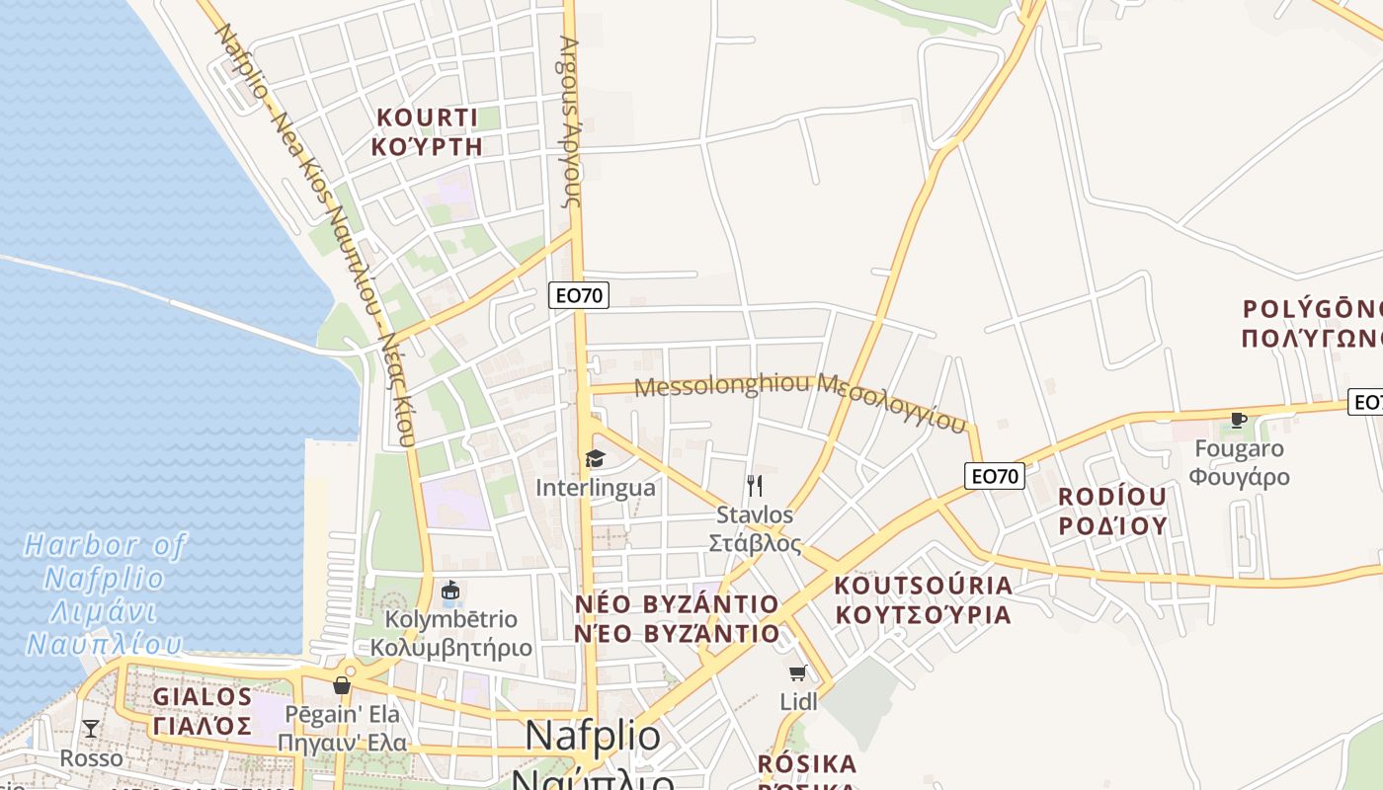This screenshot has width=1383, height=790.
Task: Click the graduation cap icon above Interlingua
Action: coord(595,458)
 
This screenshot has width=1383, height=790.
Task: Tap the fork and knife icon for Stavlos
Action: coord(755,485)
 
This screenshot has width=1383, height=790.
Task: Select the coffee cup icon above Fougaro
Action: coord(1238,420)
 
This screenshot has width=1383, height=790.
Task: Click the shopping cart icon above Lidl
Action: coord(798,673)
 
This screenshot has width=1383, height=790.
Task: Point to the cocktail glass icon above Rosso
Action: coord(91,729)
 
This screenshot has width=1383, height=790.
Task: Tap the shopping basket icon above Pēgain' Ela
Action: coord(343,684)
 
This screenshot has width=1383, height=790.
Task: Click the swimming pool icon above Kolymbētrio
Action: coord(450,591)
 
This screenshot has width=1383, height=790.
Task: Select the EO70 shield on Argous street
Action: coord(579,294)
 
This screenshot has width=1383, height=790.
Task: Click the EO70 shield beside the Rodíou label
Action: coord(995,476)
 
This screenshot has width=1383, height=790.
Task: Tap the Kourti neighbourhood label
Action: coord(428,132)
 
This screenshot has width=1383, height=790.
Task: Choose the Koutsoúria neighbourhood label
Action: coord(923,599)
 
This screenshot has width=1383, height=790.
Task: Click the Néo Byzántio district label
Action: coord(677,618)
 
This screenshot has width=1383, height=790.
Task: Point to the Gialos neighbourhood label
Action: coord(203,711)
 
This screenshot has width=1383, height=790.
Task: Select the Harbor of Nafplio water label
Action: coord(104,594)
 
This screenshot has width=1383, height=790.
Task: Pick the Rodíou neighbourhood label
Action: coord(1112,511)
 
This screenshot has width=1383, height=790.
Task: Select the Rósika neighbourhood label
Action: coord(807,765)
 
